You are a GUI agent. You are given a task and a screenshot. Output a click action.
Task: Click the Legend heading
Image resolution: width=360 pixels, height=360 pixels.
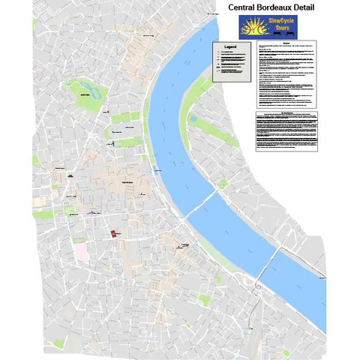[x=229, y=47]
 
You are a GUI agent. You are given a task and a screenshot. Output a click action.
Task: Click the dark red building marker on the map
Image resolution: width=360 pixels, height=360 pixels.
[x=113, y=234]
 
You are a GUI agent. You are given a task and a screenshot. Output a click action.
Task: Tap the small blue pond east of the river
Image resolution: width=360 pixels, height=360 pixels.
[x=193, y=118]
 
